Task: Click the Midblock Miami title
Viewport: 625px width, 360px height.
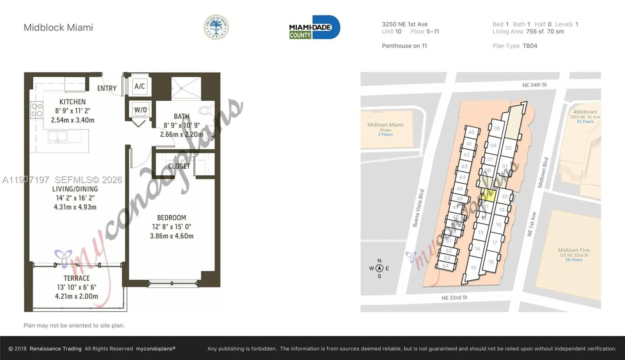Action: pyautogui.click(x=58, y=28)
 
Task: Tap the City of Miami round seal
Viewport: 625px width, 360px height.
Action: pyautogui.click(x=216, y=27)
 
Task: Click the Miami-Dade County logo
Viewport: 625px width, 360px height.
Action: pyautogui.click(x=314, y=27)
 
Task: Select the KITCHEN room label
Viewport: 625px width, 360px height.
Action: pyautogui.click(x=72, y=102)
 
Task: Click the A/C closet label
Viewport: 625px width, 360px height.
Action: pyautogui.click(x=139, y=86)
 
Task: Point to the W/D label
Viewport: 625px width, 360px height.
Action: pyautogui.click(x=140, y=110)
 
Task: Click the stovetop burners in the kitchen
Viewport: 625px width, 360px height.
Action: pyautogui.click(x=37, y=110)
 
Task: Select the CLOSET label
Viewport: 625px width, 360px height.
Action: pyautogui.click(x=179, y=166)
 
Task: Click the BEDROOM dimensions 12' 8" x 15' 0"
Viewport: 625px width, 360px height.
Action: pyautogui.click(x=171, y=227)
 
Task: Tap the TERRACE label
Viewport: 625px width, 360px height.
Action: pyautogui.click(x=77, y=278)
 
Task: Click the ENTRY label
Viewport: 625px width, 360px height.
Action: pyautogui.click(x=107, y=88)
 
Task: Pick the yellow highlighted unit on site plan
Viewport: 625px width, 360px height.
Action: pyautogui.click(x=489, y=194)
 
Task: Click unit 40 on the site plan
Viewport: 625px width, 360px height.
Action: pyautogui.click(x=471, y=132)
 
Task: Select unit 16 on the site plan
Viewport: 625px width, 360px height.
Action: pyautogui.click(x=491, y=262)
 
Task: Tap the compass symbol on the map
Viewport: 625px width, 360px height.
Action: pyautogui.click(x=379, y=268)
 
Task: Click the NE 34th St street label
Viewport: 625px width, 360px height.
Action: pyautogui.click(x=534, y=85)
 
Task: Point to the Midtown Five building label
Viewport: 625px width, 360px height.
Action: pyautogui.click(x=573, y=250)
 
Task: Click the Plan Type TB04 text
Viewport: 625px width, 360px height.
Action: pyautogui.click(x=515, y=46)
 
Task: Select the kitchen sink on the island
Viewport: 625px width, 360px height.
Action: pyautogui.click(x=58, y=136)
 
